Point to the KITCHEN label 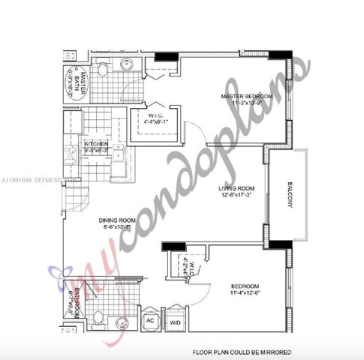(x=97, y=144)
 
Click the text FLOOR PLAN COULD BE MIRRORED (x=242, y=351)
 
